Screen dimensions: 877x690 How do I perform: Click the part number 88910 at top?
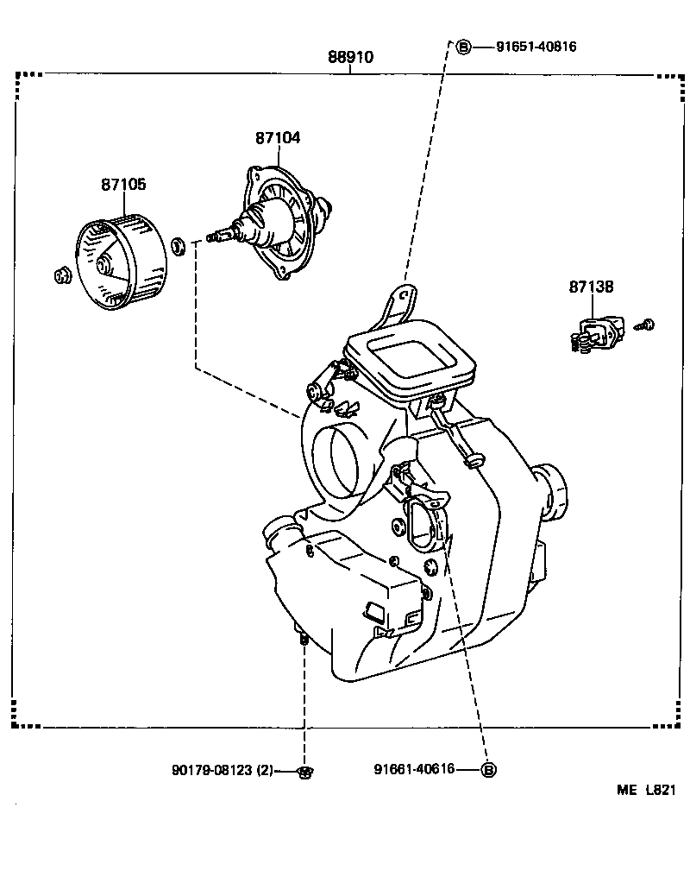[x=350, y=58]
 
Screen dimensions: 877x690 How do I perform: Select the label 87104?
[x=278, y=138]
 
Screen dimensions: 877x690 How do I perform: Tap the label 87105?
[x=123, y=184]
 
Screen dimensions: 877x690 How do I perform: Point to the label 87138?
[x=591, y=287]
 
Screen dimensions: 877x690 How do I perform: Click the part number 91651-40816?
[x=536, y=47]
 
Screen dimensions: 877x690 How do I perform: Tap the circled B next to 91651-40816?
[x=463, y=47]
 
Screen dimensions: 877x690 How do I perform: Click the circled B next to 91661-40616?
[x=487, y=770]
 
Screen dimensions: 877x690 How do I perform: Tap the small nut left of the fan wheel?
[x=61, y=276]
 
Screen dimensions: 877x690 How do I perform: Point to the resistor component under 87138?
[x=596, y=333]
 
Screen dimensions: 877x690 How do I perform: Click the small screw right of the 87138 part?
[x=646, y=325]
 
